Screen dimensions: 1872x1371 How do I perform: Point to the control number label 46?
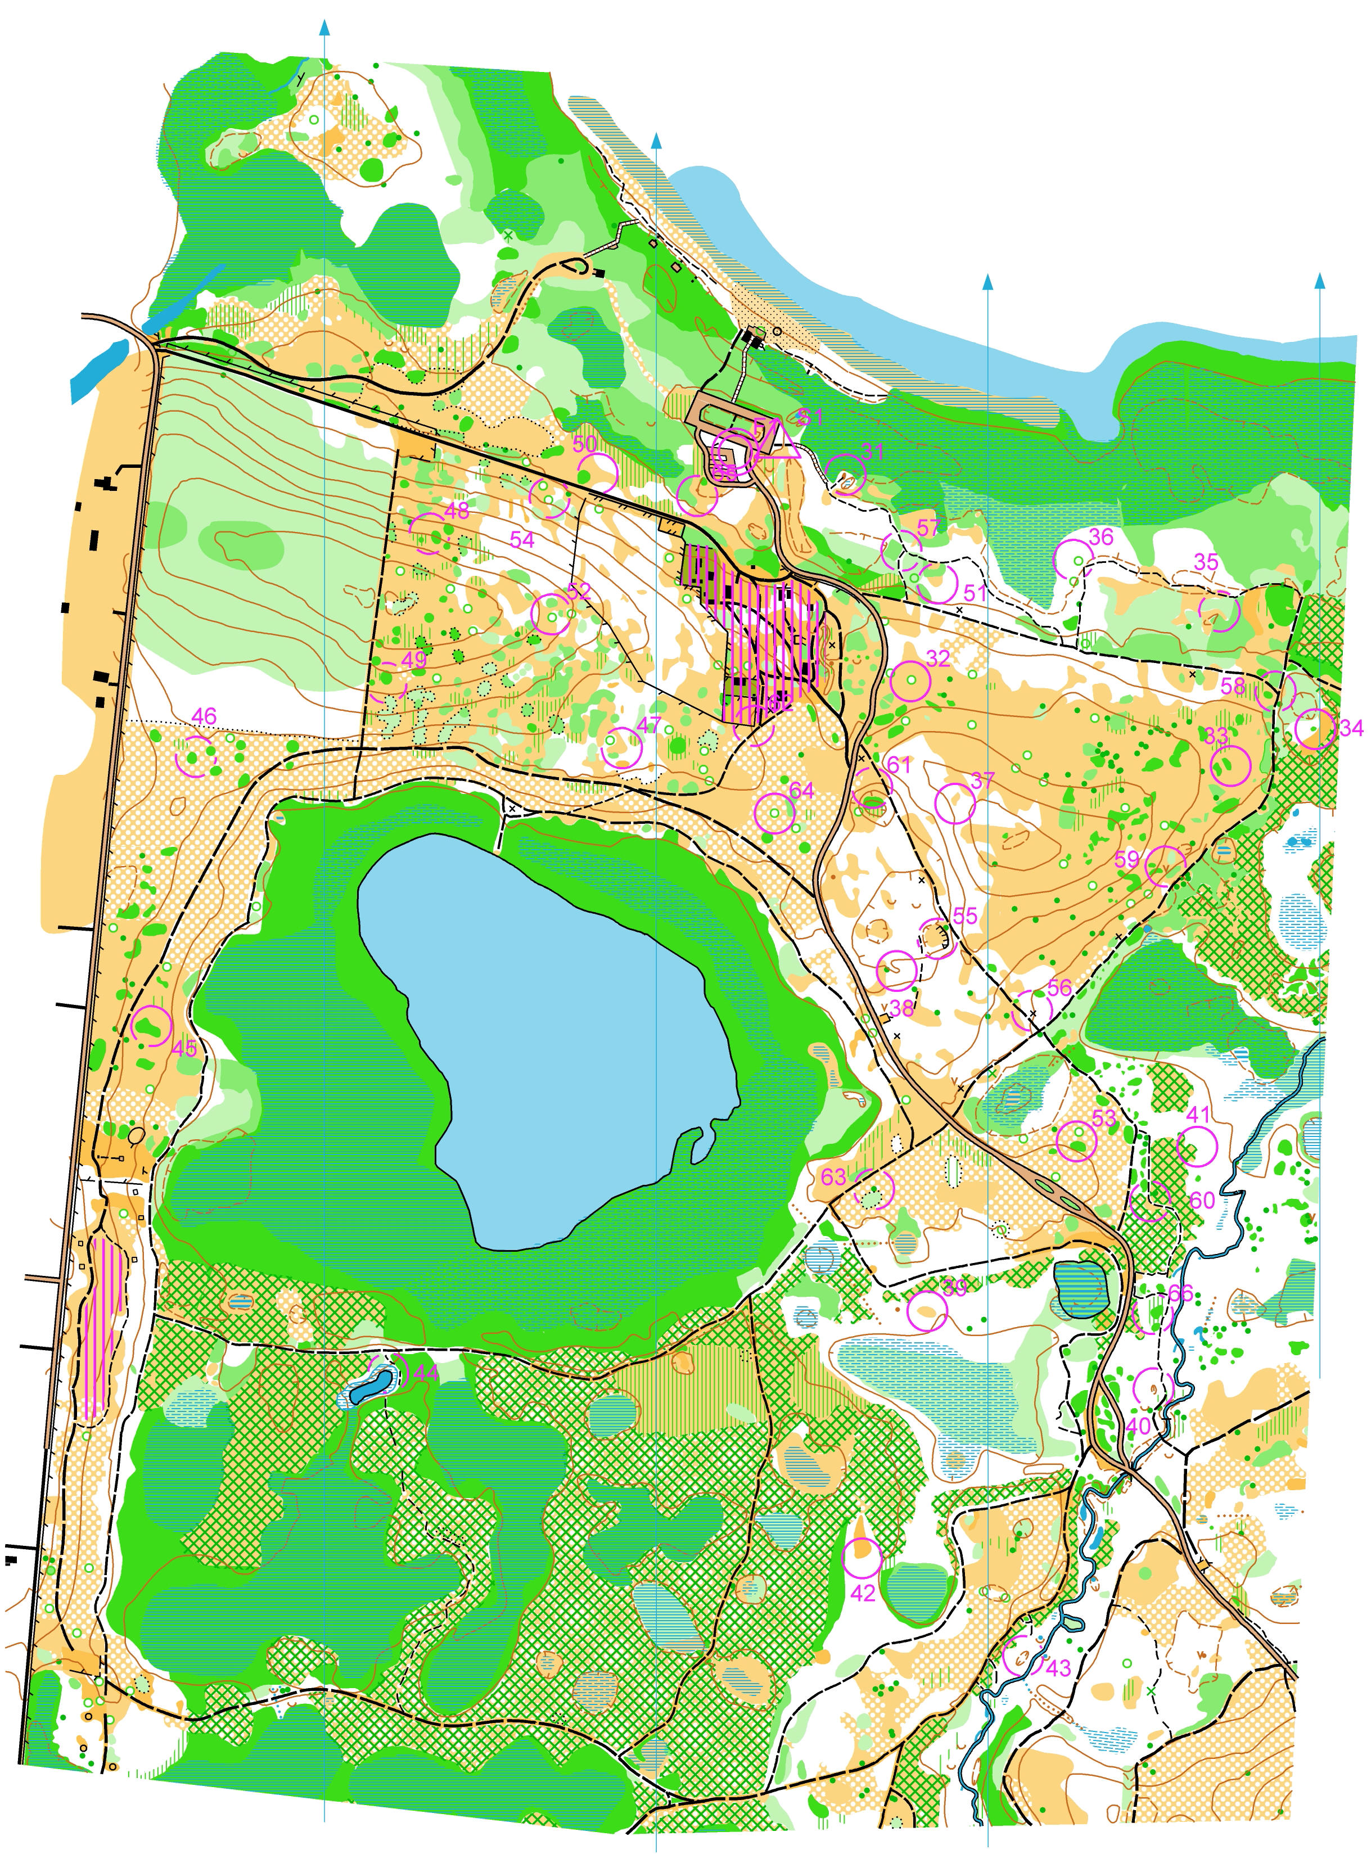pyautogui.click(x=204, y=716)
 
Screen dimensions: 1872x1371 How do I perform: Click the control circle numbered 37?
pyautogui.click(x=954, y=803)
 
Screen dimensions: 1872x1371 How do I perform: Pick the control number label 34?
pyautogui.click(x=1350, y=728)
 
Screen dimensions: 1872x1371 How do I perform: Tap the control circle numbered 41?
pyautogui.click(x=1197, y=1148)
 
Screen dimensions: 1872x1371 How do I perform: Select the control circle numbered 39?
pyautogui.click(x=927, y=1310)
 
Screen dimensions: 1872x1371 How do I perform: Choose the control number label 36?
pyautogui.click(x=1101, y=537)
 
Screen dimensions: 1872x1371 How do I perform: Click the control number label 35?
pyautogui.click(x=1206, y=562)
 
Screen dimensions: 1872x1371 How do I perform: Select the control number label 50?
pyautogui.click(x=585, y=444)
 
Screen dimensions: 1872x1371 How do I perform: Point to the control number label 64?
pyautogui.click(x=802, y=791)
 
